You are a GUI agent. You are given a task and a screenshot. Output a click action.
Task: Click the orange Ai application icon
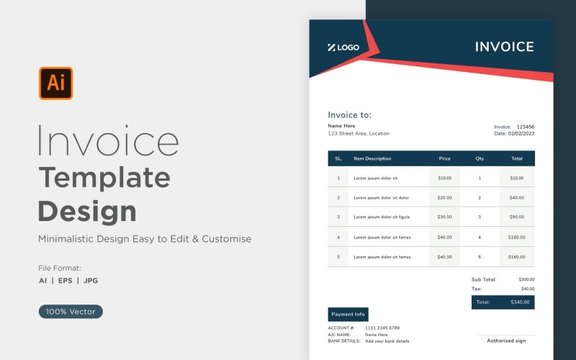click(55, 84)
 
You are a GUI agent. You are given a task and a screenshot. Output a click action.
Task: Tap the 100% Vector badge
click(71, 312)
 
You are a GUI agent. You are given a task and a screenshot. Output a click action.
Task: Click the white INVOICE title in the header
click(504, 47)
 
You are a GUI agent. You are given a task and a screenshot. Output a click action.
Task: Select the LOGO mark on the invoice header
click(343, 48)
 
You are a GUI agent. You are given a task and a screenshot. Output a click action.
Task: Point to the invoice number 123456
click(526, 127)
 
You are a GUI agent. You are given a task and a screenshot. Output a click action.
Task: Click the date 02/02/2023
click(521, 133)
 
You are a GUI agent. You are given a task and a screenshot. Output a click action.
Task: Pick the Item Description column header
click(372, 158)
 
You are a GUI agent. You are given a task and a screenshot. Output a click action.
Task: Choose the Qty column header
click(480, 158)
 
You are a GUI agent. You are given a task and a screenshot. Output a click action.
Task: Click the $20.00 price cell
click(444, 197)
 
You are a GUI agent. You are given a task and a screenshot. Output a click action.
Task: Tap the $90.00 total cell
click(517, 217)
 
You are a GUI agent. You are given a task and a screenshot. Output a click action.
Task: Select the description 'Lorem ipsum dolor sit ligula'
click(382, 217)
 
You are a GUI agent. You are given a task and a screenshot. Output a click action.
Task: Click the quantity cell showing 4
click(480, 237)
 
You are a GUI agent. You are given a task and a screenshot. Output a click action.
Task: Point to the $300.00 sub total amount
click(526, 279)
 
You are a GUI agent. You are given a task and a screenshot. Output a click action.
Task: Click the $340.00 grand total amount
click(519, 302)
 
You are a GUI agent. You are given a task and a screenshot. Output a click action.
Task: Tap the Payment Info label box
click(348, 315)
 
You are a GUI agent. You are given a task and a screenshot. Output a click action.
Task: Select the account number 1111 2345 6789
click(382, 328)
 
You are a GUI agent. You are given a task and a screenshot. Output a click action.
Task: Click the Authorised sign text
click(506, 341)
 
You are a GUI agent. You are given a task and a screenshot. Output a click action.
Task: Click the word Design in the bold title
click(87, 212)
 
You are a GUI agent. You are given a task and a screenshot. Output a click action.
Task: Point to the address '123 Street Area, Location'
click(358, 133)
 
